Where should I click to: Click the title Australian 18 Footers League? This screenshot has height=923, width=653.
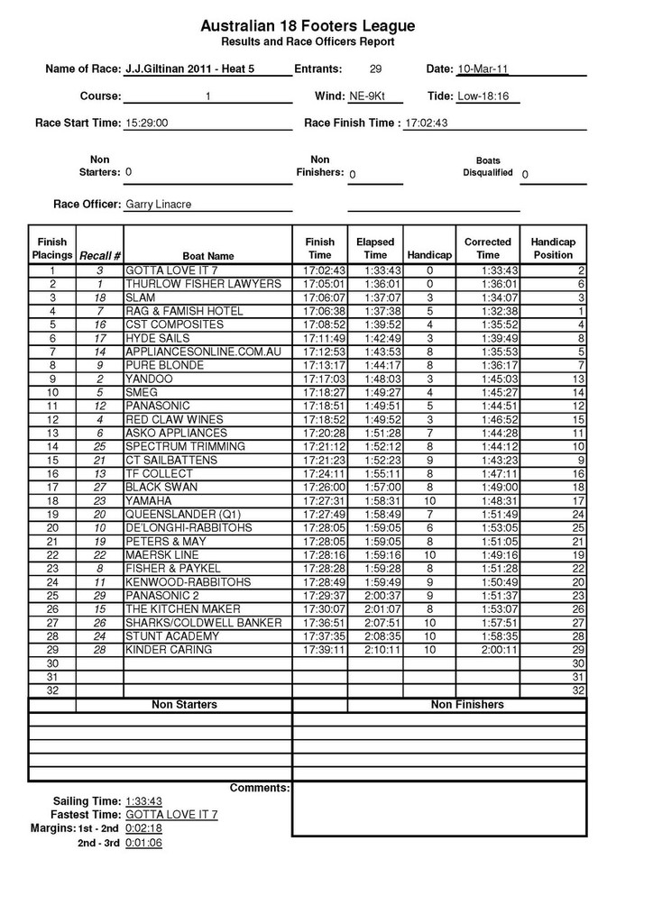(x=308, y=28)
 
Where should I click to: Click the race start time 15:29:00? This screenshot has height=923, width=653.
(x=147, y=123)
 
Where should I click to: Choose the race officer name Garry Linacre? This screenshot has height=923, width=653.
(x=158, y=205)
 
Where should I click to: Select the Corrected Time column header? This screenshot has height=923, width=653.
(x=488, y=249)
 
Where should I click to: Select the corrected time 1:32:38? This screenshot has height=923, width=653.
(x=488, y=311)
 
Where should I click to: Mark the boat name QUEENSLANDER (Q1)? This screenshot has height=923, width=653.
(x=182, y=514)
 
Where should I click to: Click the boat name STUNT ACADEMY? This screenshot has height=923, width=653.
(x=171, y=635)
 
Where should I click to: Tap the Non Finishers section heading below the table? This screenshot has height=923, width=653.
(x=467, y=704)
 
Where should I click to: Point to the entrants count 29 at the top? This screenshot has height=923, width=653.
(x=376, y=69)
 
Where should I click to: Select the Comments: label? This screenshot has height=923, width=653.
(x=260, y=788)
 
